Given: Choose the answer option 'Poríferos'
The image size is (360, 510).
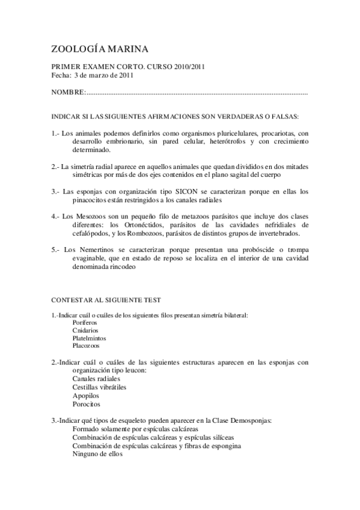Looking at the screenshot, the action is (x=84, y=322).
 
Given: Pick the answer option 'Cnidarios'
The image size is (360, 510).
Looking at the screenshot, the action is (x=86, y=330).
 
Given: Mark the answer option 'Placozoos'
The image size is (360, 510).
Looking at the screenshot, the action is (x=86, y=346).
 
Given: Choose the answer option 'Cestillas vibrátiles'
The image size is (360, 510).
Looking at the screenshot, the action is (x=99, y=388).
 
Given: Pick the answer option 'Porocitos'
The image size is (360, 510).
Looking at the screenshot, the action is (x=86, y=404).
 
